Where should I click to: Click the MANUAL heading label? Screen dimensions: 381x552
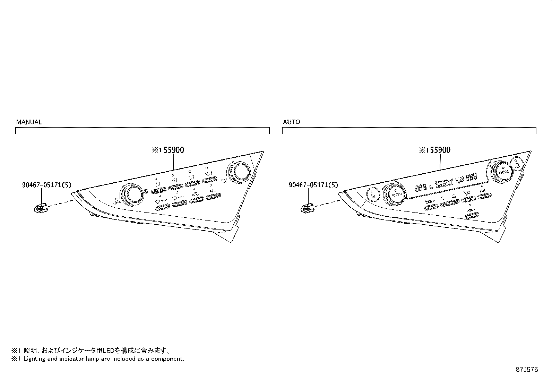coord(29,122)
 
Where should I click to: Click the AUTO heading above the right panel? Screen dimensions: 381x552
coord(291,122)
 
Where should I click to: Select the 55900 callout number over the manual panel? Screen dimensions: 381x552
coord(174,150)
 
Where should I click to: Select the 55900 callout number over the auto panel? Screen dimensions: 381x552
coord(440,150)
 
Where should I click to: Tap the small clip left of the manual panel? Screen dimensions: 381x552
coord(41,209)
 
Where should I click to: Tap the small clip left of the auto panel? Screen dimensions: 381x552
coord(307,209)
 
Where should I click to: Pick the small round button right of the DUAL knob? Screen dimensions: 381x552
coord(517,162)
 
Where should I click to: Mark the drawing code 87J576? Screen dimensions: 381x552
coord(527,370)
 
